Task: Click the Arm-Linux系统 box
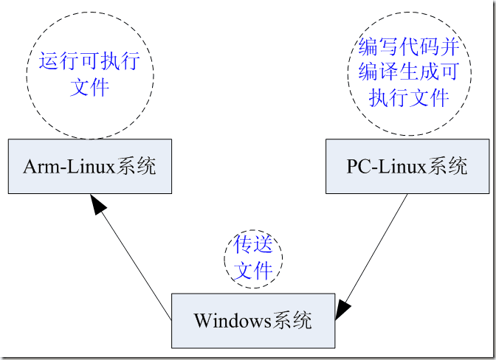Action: [x=89, y=166]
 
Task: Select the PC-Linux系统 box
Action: [x=406, y=166]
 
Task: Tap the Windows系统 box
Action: [x=252, y=320]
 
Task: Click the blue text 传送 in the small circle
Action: [x=253, y=245]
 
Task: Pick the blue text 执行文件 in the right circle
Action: [x=409, y=97]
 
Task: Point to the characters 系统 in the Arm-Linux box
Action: [x=137, y=167]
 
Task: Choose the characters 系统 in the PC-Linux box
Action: [x=447, y=166]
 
